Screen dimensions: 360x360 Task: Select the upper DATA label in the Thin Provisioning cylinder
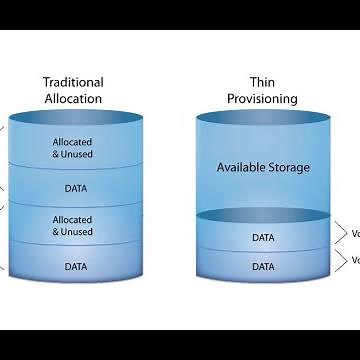[263, 238]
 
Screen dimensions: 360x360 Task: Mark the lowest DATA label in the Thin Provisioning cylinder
[263, 267]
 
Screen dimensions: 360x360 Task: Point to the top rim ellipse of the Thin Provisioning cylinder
[263, 118]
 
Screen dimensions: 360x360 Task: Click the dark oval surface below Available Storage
[263, 215]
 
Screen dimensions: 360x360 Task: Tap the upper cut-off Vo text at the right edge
[354, 233]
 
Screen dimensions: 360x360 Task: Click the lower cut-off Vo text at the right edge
[354, 261]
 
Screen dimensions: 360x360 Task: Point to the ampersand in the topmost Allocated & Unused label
[57, 154]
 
